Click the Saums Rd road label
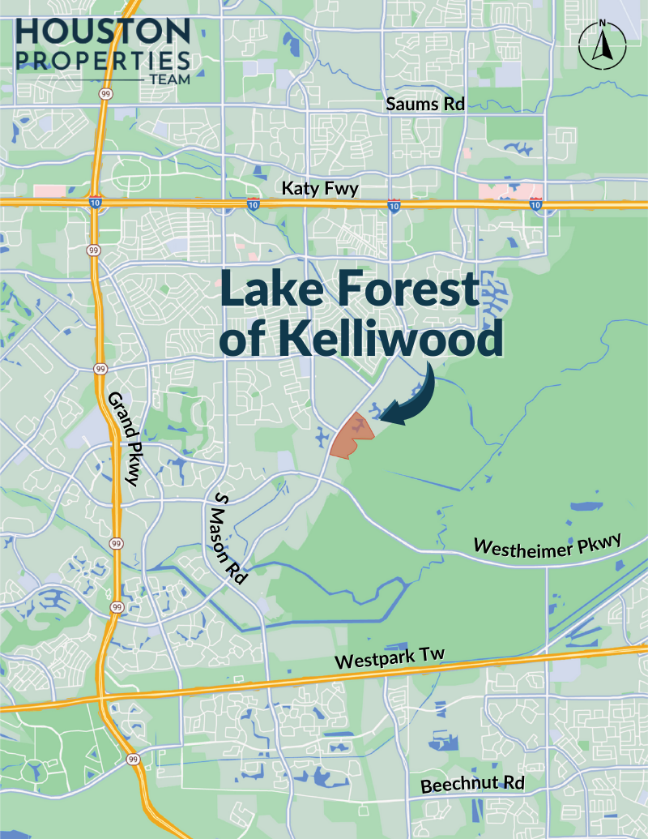point(420,104)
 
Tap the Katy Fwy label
point(319,188)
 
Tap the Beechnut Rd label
point(472,785)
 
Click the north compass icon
point(601,47)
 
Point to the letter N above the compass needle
point(601,25)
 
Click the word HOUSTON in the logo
point(102,32)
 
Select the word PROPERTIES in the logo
point(102,61)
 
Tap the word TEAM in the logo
point(169,79)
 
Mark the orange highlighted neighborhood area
point(352,436)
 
